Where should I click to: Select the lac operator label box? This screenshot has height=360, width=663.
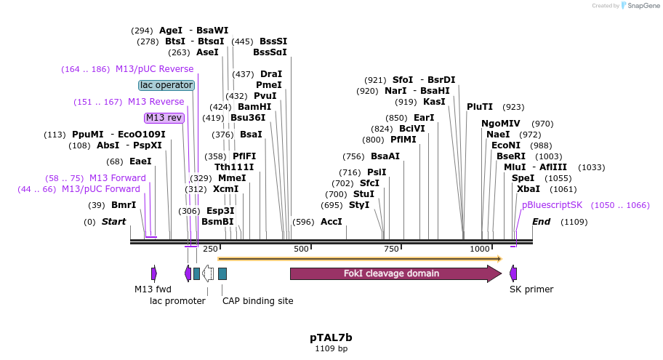(x=166, y=85)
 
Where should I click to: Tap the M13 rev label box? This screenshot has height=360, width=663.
(x=164, y=118)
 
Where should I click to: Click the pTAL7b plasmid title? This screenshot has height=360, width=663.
(x=331, y=337)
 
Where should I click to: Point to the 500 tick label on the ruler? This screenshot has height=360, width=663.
(x=302, y=249)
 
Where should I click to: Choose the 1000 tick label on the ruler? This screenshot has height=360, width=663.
(x=481, y=249)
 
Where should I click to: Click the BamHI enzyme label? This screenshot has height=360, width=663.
(x=254, y=107)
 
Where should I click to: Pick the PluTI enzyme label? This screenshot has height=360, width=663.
(x=480, y=107)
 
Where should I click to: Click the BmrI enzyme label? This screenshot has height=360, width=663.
(x=123, y=205)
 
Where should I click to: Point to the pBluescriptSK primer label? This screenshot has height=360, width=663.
(x=552, y=205)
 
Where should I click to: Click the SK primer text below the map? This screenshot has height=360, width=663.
(x=531, y=289)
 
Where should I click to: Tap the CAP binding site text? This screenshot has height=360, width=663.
(x=257, y=300)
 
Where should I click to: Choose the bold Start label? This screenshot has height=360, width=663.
(x=113, y=222)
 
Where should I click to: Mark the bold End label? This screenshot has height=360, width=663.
(x=542, y=222)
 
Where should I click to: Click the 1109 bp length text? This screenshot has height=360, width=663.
(x=331, y=349)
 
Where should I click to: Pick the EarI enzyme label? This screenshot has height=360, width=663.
(x=424, y=118)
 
